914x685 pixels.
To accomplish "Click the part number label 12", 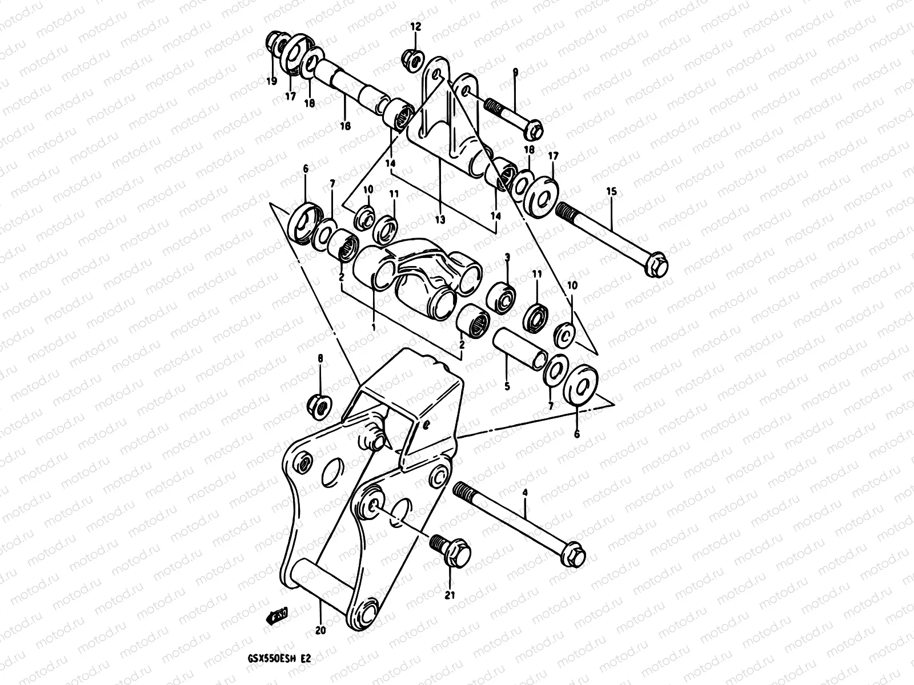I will (x=415, y=26).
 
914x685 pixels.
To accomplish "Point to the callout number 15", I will (x=612, y=192).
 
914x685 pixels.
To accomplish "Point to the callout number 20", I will (x=320, y=631).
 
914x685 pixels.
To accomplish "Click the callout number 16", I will (x=346, y=126).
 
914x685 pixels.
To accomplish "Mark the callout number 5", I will (x=506, y=386).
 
